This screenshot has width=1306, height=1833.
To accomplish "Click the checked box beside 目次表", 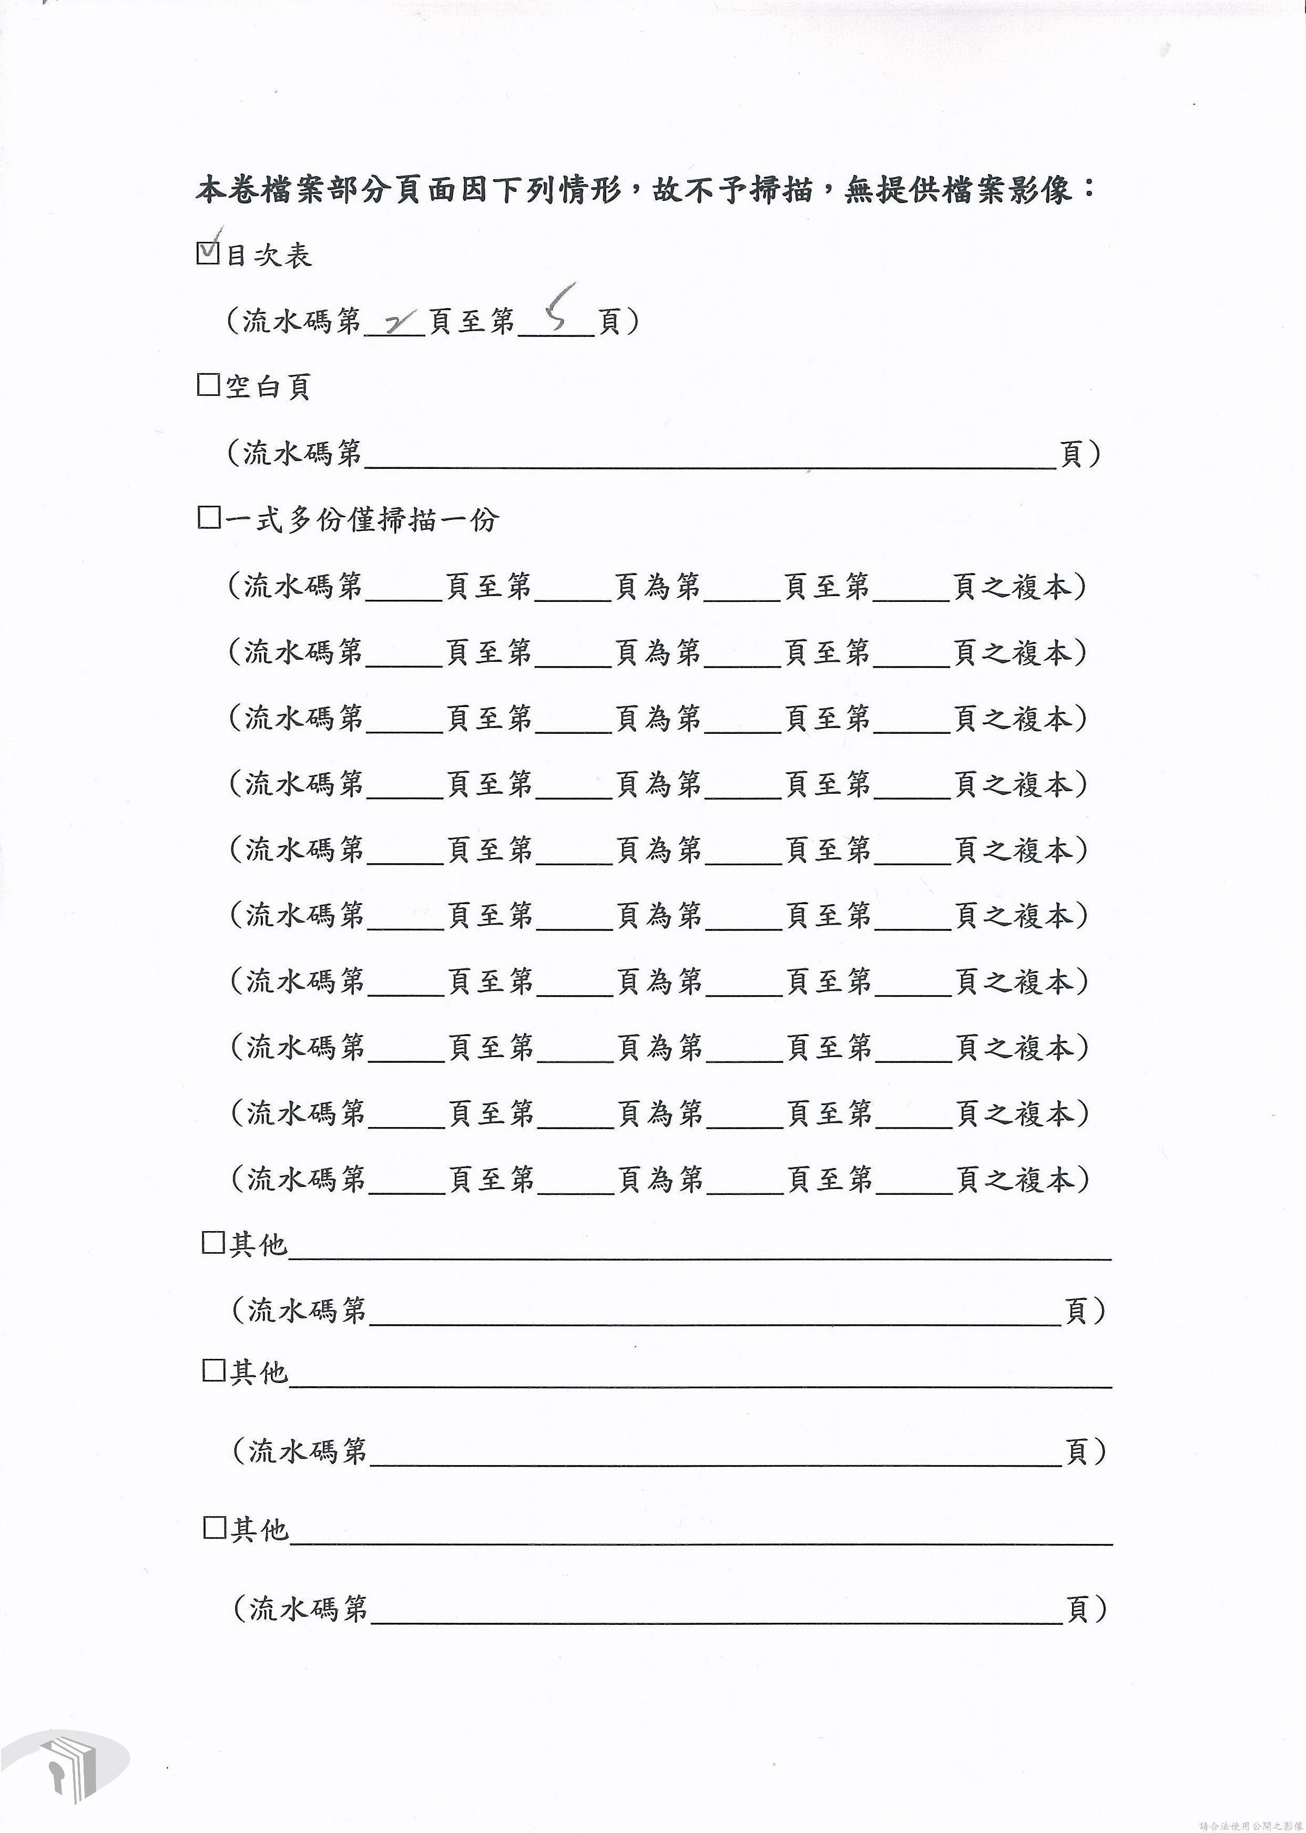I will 208,254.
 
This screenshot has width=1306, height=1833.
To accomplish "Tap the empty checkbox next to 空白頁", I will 208,385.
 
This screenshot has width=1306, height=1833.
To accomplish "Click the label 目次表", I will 269,255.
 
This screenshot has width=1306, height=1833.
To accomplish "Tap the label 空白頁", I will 269,387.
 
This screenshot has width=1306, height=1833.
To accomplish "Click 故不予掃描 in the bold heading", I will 732,190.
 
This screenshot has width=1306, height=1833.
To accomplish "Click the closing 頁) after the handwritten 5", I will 618,322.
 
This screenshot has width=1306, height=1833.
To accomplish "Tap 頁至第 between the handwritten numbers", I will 471,322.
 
